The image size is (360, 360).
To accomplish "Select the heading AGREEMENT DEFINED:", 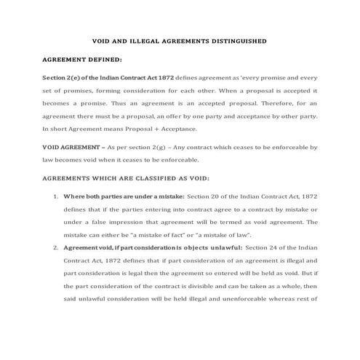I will pos(83,59).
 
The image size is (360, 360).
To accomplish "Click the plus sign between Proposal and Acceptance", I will pos(138,129).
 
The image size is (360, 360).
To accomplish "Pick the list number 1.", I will pos(56,196).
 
